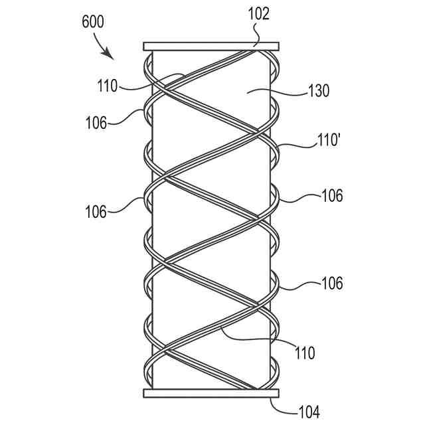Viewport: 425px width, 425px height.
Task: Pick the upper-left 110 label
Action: tap(106, 86)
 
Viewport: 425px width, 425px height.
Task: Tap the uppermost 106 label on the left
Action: tap(97, 122)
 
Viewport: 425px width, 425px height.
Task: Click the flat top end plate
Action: tap(211, 46)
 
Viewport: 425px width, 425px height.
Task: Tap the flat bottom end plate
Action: tap(211, 393)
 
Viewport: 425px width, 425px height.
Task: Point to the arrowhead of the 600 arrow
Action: tap(108, 54)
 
